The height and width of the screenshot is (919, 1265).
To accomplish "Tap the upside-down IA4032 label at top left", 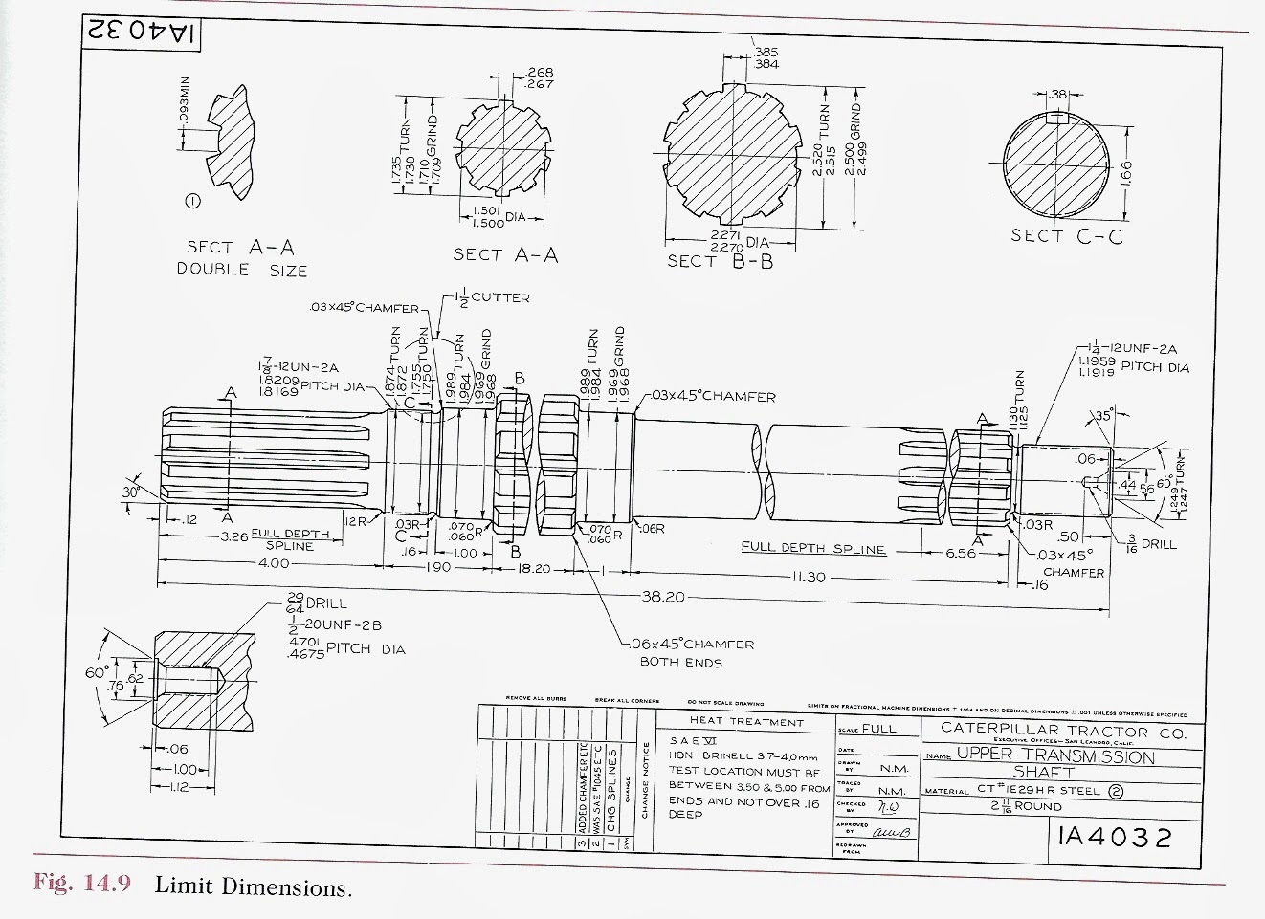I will pos(142,31).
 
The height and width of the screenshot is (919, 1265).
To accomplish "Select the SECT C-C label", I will pos(1067,235).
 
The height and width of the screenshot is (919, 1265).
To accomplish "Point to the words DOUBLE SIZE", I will pos(241,270).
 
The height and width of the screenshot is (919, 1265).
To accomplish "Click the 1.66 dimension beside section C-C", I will pos(1126,173).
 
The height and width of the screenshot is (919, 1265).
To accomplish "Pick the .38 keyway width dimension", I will pos(1057,95).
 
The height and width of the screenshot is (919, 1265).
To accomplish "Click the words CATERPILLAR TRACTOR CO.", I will pos(1063,732).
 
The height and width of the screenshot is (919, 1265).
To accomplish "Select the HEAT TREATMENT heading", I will pos(746,722).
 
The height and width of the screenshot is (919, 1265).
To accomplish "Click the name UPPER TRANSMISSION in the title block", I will pos(1055,756).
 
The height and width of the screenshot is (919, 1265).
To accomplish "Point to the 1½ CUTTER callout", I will pos(491,297).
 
